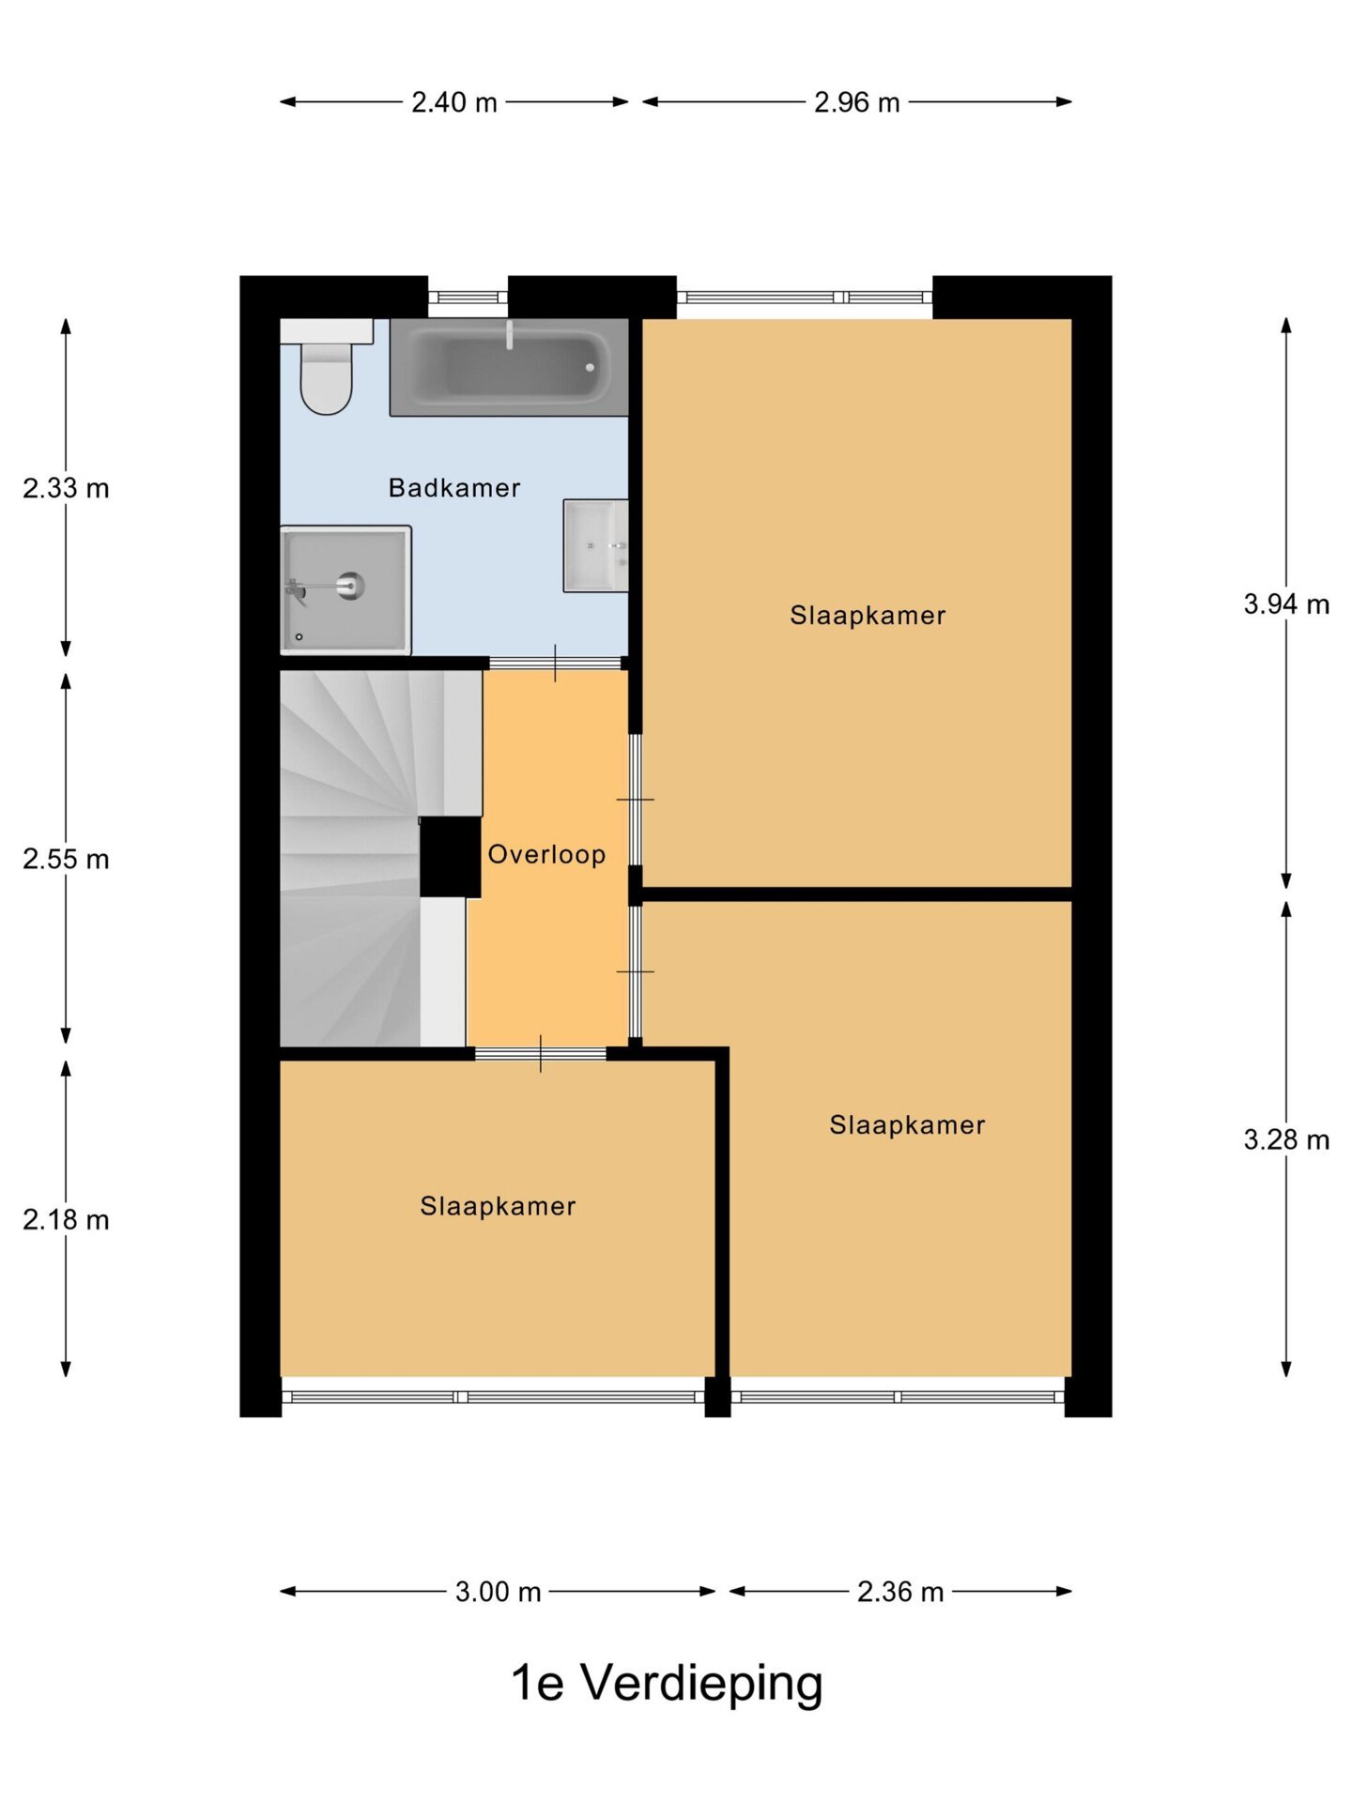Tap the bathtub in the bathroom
coord(509,367)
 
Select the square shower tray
coord(346,589)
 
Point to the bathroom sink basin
coord(595,545)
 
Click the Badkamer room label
coord(454,488)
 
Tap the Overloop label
coord(546,854)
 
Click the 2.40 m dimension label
coord(454,102)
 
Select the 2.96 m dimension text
coord(856,102)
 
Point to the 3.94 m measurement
coord(1286,604)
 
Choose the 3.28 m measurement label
coord(1286,1140)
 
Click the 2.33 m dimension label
coord(66,488)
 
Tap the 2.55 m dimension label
coord(66,859)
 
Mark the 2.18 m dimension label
coord(66,1220)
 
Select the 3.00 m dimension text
coord(499,1592)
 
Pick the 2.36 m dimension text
coord(900,1592)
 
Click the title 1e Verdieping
coord(667,1683)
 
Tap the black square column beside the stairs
coord(450,857)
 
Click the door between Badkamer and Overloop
coord(555,663)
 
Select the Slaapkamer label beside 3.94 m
coord(868,616)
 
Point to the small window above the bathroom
coord(468,298)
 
